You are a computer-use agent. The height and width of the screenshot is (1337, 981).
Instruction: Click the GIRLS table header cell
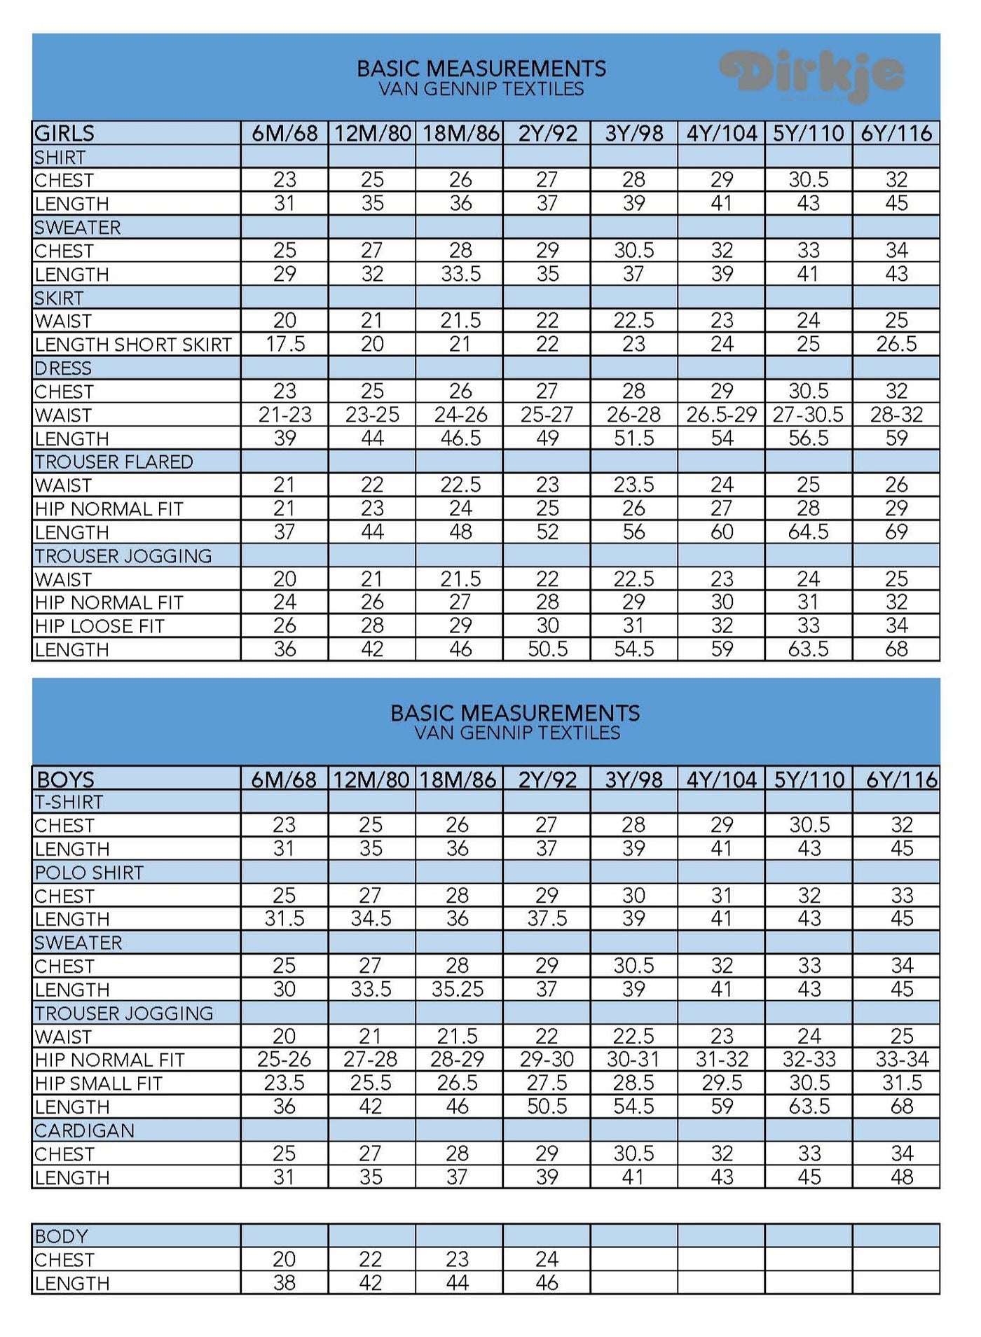coord(64,133)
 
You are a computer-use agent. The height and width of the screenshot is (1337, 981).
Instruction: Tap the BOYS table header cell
coord(65,779)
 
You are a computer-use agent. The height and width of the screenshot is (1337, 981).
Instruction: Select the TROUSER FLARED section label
coord(114,462)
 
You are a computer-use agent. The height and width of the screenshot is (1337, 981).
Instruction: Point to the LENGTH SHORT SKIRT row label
coord(132,345)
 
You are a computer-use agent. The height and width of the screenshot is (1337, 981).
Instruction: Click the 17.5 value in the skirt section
coord(284,345)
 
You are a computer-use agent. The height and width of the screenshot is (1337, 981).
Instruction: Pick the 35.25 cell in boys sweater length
coord(458,989)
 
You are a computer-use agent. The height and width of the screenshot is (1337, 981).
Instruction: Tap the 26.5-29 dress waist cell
coord(721,415)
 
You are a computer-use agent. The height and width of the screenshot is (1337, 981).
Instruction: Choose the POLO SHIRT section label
coord(89,872)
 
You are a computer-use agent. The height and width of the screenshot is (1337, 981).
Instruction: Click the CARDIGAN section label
coord(84,1130)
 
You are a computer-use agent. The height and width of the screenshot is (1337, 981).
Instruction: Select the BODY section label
coord(62,1236)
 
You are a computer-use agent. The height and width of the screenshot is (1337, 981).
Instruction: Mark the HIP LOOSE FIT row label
coord(100,626)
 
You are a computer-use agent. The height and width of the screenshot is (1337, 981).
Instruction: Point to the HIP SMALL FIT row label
coord(99,1083)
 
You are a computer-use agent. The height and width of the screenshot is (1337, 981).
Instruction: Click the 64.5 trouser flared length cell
coord(808,532)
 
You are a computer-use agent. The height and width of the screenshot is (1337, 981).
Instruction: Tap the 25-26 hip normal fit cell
coord(284,1060)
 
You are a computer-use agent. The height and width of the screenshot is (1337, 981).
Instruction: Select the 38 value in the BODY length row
coord(284,1283)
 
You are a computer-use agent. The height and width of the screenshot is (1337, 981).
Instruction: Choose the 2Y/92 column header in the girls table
coord(547,133)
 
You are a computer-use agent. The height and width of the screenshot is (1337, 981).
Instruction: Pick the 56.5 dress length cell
coord(808,438)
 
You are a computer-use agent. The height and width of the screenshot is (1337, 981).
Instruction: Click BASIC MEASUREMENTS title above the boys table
coord(515,713)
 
